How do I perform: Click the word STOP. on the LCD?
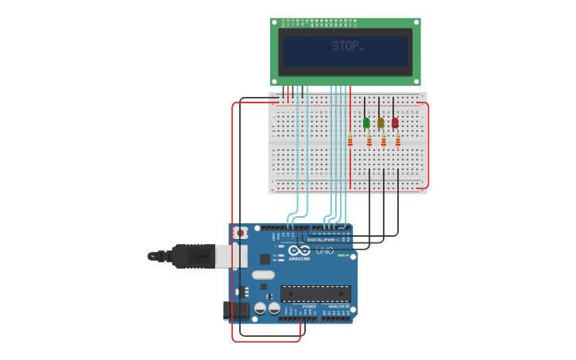347,47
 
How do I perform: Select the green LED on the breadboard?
366,123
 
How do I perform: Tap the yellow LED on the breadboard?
381,123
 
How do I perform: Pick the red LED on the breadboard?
395,123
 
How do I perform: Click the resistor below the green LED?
369,141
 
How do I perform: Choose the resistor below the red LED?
398,141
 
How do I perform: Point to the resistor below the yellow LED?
384,141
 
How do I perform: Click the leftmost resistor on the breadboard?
350,141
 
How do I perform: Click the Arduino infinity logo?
300,250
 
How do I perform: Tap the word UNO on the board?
325,251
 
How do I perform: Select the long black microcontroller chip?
315,293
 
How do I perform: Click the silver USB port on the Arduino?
230,256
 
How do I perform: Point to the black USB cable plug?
191,256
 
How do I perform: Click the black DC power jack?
235,310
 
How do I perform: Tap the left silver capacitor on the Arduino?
260,308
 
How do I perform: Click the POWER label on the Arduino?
309,306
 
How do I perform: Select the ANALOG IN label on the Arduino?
338,306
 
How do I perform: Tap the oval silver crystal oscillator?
263,275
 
